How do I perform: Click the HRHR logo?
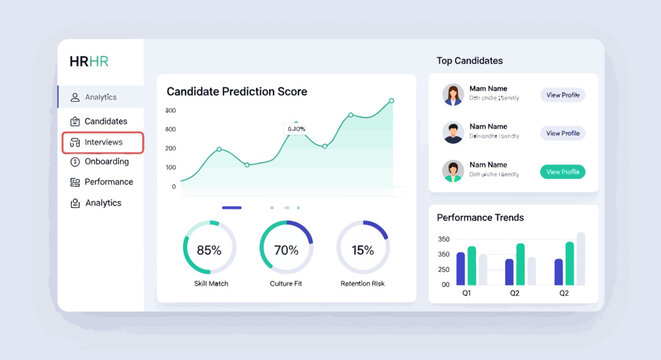(x=89, y=61)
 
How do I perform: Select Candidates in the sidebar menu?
(x=105, y=121)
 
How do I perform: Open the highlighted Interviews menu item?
(x=103, y=142)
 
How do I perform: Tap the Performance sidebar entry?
(x=108, y=182)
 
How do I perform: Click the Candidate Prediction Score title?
(x=237, y=92)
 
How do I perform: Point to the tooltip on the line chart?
(x=296, y=128)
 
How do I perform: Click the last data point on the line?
(x=391, y=100)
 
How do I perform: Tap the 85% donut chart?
(x=209, y=249)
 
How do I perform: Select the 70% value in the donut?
(x=286, y=250)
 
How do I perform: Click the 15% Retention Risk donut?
(x=362, y=250)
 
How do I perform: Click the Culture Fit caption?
(x=286, y=285)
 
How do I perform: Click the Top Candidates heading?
(x=470, y=61)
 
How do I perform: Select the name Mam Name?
(x=488, y=89)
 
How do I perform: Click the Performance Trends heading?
(x=480, y=217)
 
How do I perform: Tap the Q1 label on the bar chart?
(x=466, y=294)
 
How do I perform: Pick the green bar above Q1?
(x=472, y=266)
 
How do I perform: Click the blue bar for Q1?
(x=461, y=269)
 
